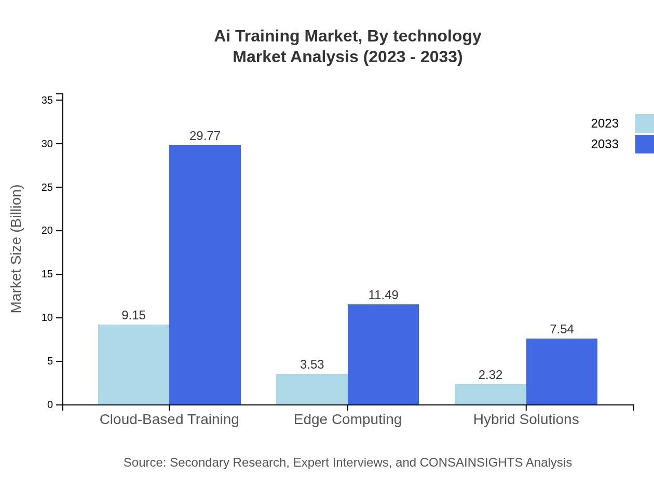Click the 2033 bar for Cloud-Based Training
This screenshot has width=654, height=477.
[205, 275]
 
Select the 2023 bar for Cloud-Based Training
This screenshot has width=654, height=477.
[133, 364]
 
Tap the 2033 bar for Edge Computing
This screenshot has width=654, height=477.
[383, 355]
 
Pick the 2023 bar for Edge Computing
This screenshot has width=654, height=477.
[311, 389]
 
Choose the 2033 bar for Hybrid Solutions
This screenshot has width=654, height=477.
[562, 371]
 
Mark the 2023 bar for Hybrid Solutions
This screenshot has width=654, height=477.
[490, 394]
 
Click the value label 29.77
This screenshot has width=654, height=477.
[205, 136]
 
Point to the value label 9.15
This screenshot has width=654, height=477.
[133, 315]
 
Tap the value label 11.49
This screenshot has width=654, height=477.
[383, 295]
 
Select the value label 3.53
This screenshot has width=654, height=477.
[312, 364]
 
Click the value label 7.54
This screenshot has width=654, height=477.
[562, 329]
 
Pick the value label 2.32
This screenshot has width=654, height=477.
[491, 375]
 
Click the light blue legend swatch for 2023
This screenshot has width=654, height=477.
[644, 123]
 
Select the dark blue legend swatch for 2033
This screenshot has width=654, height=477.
[644, 144]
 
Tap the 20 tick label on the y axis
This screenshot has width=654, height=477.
[47, 231]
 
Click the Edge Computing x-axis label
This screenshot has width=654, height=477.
[348, 419]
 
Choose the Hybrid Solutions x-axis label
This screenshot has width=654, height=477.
[526, 419]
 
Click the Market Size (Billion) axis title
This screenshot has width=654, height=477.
[17, 249]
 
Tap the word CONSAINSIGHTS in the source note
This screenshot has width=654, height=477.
[471, 462]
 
